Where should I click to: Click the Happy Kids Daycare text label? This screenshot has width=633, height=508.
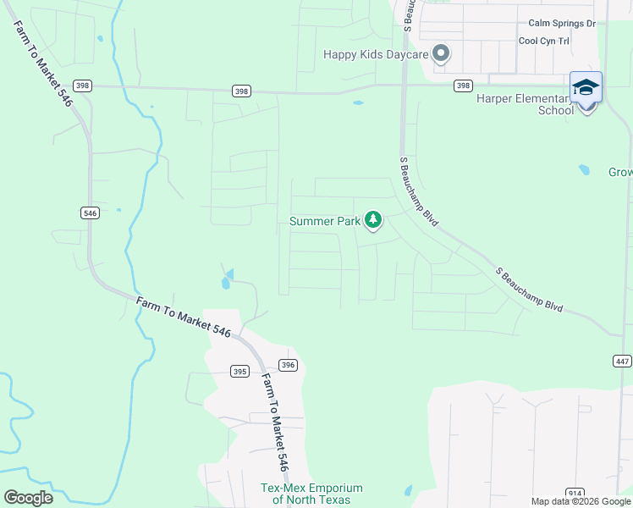coord(377,54)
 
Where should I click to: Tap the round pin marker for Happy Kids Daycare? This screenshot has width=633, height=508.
coord(440,54)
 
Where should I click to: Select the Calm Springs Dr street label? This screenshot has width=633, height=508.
coord(562,24)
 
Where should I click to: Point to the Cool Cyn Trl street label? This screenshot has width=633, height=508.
coord(557,41)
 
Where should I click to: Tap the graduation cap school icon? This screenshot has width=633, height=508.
coord(586,88)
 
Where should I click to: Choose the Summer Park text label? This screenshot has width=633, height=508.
coord(325,222)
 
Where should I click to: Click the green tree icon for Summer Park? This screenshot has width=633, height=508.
coord(373,221)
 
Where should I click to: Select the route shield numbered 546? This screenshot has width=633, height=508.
coord(91,213)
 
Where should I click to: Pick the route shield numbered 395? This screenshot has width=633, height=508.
coord(239,372)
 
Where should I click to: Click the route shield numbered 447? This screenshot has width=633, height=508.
coord(622,362)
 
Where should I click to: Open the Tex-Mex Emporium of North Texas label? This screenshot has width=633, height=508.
coord(311,494)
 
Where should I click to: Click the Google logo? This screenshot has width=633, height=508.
coord(28,497)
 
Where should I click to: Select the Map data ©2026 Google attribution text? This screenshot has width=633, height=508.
coord(581,501)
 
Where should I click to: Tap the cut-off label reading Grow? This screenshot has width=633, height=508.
coord(619,172)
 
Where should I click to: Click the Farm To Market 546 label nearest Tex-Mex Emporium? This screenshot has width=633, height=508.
coord(274,422)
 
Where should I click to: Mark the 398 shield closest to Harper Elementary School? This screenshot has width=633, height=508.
coord(463,86)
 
